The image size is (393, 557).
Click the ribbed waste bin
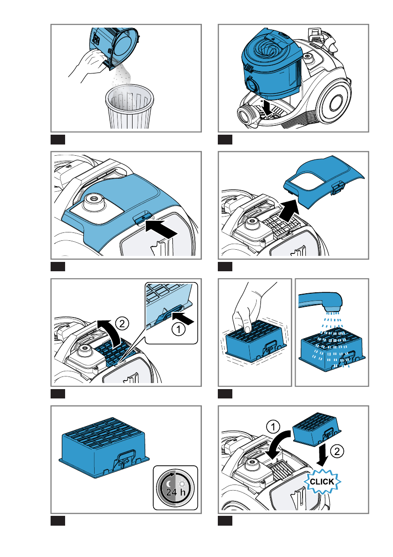click(130, 106)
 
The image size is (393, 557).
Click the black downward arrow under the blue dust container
click(267, 107)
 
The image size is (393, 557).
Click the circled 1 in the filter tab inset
click(178, 329)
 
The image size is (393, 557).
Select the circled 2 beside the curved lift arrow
click(122, 324)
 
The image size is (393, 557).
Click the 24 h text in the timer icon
click(175, 492)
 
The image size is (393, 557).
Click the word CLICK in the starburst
click(322, 482)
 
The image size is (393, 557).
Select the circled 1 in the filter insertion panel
click(273, 427)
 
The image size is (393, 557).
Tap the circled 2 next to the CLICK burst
click(337, 451)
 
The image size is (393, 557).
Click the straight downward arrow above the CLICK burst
click(322, 455)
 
